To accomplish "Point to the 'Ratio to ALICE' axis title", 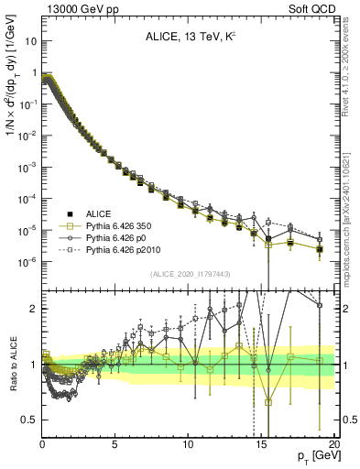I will point(12,365).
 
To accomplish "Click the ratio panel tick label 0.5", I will point(30,420).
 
